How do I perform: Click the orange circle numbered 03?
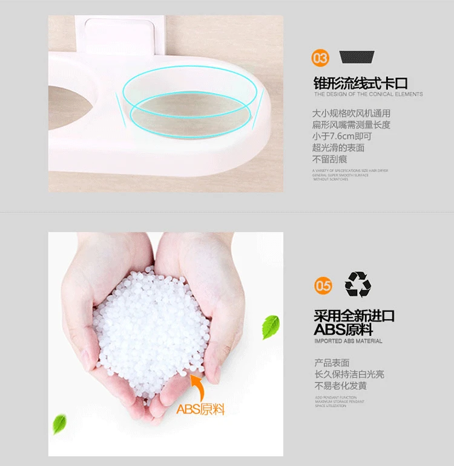click(321, 58)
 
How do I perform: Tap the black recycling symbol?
click(358, 284)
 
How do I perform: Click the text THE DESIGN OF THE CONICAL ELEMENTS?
click(368, 94)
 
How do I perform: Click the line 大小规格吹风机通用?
click(351, 113)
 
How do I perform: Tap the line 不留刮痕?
click(329, 160)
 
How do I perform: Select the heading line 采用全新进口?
click(354, 316)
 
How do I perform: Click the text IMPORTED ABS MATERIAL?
click(348, 341)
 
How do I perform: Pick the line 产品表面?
click(332, 363)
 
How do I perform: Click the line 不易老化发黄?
click(340, 386)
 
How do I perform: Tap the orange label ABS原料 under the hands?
click(200, 409)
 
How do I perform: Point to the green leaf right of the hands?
click(270, 326)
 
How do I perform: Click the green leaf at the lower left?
click(59, 424)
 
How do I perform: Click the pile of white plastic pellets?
click(151, 332)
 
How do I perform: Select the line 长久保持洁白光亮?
click(349, 374)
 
